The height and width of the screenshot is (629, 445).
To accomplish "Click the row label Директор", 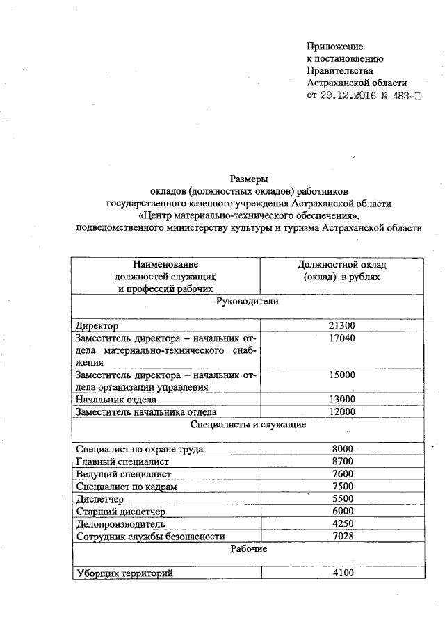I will tap(97, 325).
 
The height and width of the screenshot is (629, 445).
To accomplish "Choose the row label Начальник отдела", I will tap(116, 400).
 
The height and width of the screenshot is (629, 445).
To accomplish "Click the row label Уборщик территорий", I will tap(124, 573).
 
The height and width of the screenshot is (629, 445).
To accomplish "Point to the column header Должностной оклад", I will tap(341, 265).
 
